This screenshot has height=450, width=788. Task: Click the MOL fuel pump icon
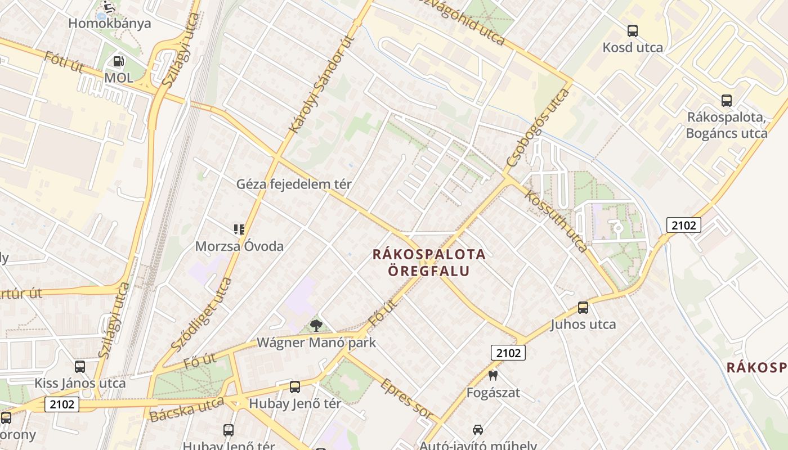(118, 61)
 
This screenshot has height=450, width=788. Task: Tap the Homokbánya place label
(109, 24)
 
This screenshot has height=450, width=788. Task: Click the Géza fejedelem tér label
(294, 184)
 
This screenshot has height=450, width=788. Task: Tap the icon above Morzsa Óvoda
(239, 229)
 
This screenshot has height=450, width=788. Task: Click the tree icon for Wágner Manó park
(316, 325)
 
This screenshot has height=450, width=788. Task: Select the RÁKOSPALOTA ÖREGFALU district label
(429, 262)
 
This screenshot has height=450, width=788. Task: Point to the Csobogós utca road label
(538, 127)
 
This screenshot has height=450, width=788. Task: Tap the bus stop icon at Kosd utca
(633, 31)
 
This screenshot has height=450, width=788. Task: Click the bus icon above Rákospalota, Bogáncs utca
(727, 101)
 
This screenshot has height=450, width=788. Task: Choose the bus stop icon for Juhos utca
(583, 308)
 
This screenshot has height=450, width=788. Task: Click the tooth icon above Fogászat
(493, 375)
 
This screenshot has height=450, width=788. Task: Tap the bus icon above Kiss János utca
(80, 367)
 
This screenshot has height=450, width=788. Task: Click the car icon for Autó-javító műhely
(477, 430)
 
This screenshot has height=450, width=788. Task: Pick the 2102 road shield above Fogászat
(508, 353)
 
